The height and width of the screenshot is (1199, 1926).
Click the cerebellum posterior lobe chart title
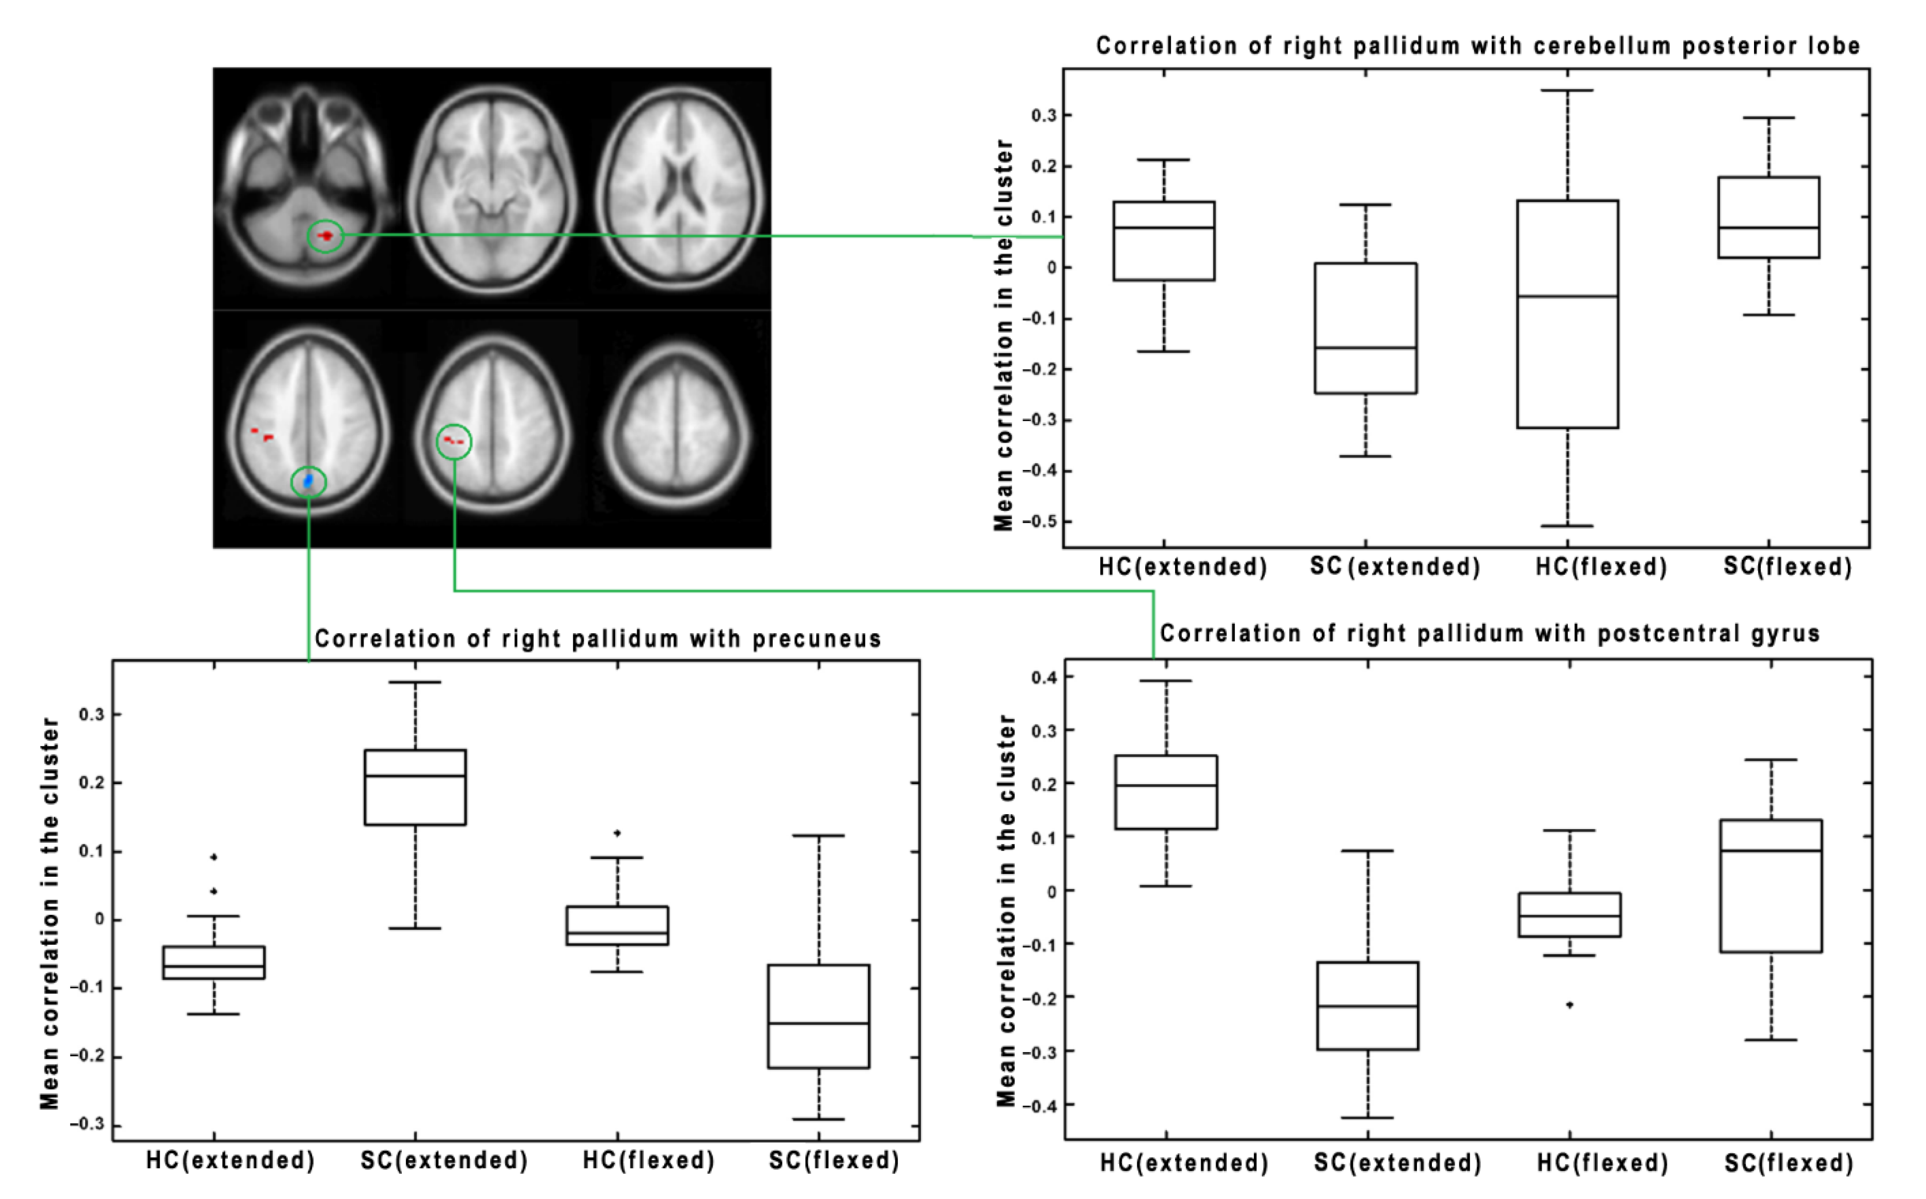point(1478,46)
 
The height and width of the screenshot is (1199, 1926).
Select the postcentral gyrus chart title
point(1490,634)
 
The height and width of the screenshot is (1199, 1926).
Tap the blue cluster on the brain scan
point(309,481)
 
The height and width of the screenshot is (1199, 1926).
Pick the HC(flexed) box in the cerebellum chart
point(1568,314)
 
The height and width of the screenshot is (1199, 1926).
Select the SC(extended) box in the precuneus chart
point(415,787)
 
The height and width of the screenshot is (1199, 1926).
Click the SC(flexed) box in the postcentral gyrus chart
point(1770,886)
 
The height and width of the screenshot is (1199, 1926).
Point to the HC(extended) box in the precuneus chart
point(213,962)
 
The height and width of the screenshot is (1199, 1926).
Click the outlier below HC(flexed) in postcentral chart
point(1569,1005)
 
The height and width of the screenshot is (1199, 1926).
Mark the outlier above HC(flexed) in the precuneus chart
point(617,833)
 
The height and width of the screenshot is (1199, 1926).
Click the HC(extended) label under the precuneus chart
point(230,1160)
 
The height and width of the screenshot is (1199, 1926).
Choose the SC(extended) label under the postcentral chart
point(1397,1163)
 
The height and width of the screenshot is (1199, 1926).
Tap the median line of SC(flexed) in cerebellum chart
point(1768,228)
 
